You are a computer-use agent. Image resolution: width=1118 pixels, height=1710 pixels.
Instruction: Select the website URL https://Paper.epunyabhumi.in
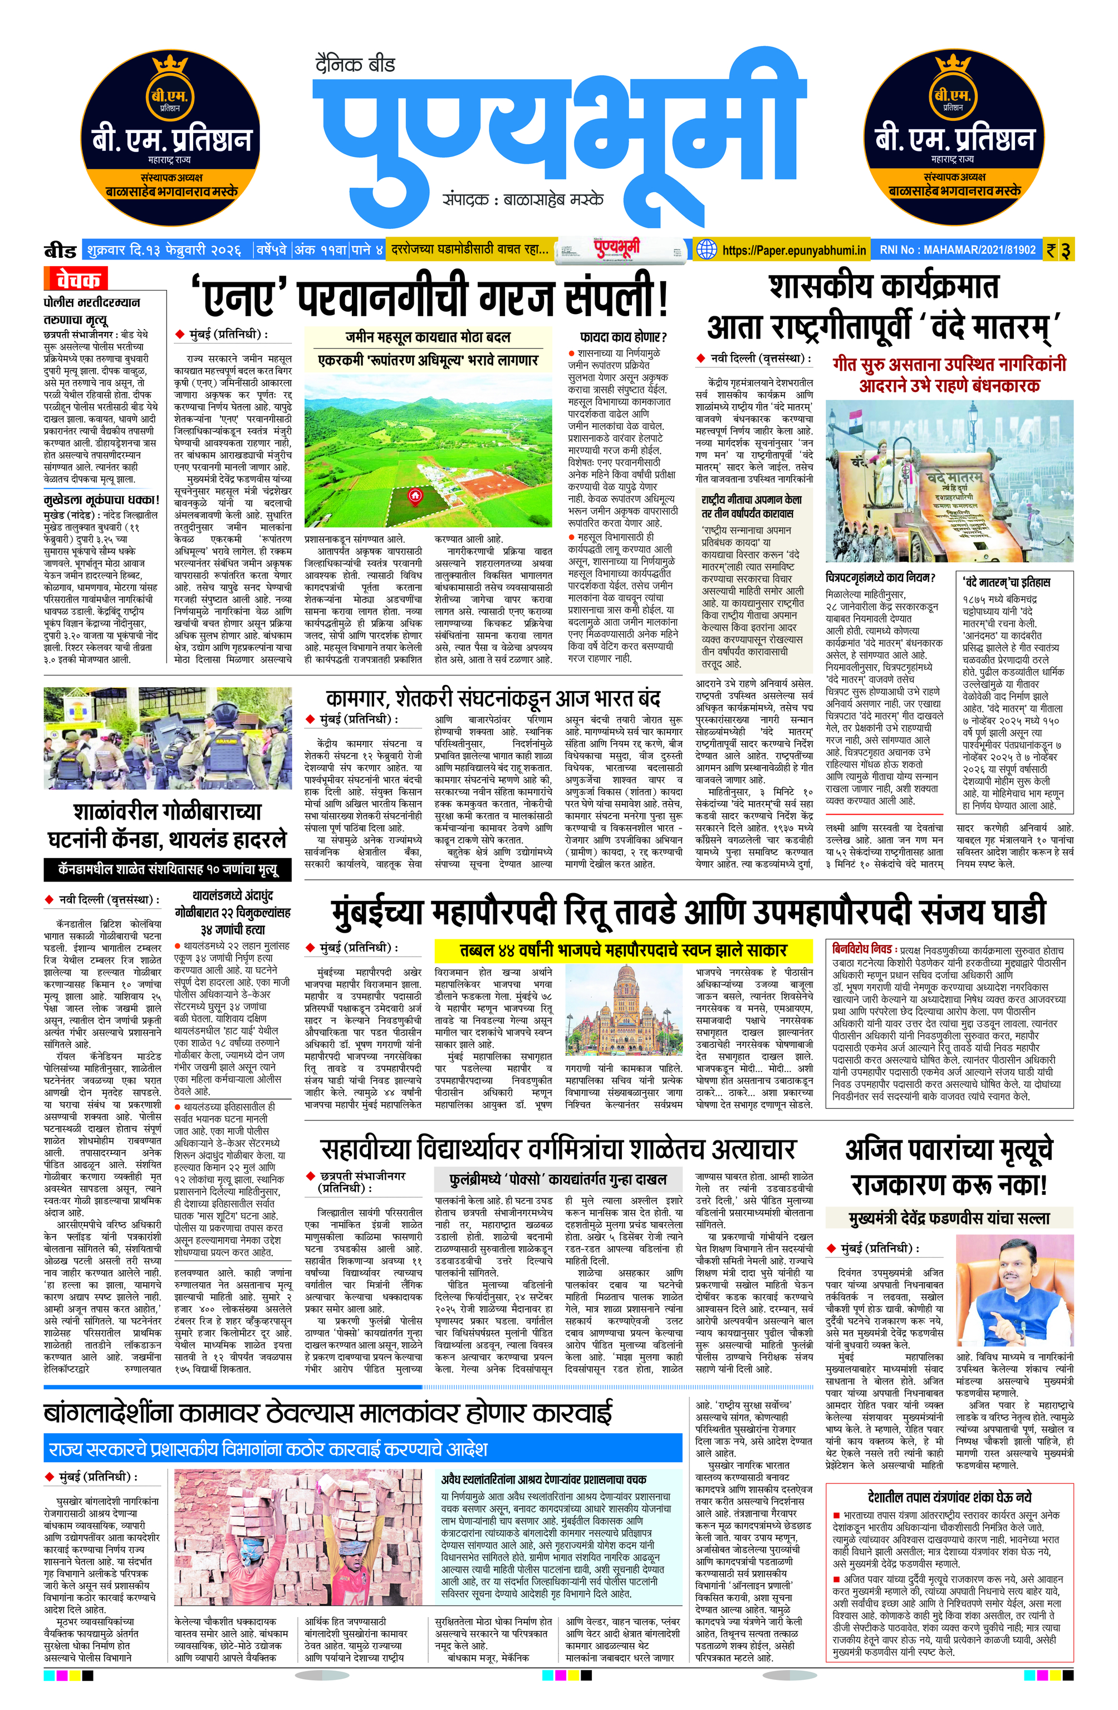tap(794, 250)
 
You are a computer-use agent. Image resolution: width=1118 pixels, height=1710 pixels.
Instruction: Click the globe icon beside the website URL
tap(707, 249)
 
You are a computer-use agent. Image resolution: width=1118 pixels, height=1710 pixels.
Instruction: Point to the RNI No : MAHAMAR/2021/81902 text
tap(957, 250)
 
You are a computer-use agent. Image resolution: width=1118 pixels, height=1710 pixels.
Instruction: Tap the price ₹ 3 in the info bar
tap(1058, 250)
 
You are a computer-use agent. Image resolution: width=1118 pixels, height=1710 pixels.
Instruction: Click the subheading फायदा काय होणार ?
tap(623, 336)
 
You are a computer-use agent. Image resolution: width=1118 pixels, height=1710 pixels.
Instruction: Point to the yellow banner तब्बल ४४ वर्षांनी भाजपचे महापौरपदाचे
tap(623, 950)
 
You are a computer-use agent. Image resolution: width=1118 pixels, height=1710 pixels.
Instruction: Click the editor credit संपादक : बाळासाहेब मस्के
tap(523, 199)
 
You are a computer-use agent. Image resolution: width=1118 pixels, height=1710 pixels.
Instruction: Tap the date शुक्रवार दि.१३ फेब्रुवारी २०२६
tap(163, 250)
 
